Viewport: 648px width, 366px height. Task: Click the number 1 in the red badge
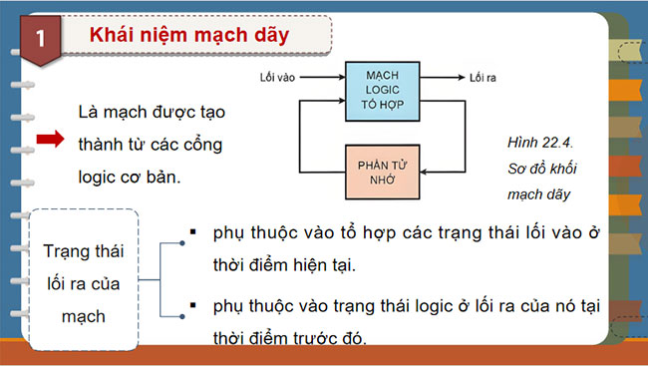tap(39, 39)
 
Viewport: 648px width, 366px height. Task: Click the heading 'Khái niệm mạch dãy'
tap(188, 36)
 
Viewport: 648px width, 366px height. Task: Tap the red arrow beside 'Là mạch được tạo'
tap(50, 142)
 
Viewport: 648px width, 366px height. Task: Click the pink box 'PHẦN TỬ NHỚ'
tap(383, 171)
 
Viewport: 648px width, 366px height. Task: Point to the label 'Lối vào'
tap(278, 76)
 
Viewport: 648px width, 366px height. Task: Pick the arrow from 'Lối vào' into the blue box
tap(324, 76)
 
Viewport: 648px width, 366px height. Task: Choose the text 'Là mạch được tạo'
tap(151, 113)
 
